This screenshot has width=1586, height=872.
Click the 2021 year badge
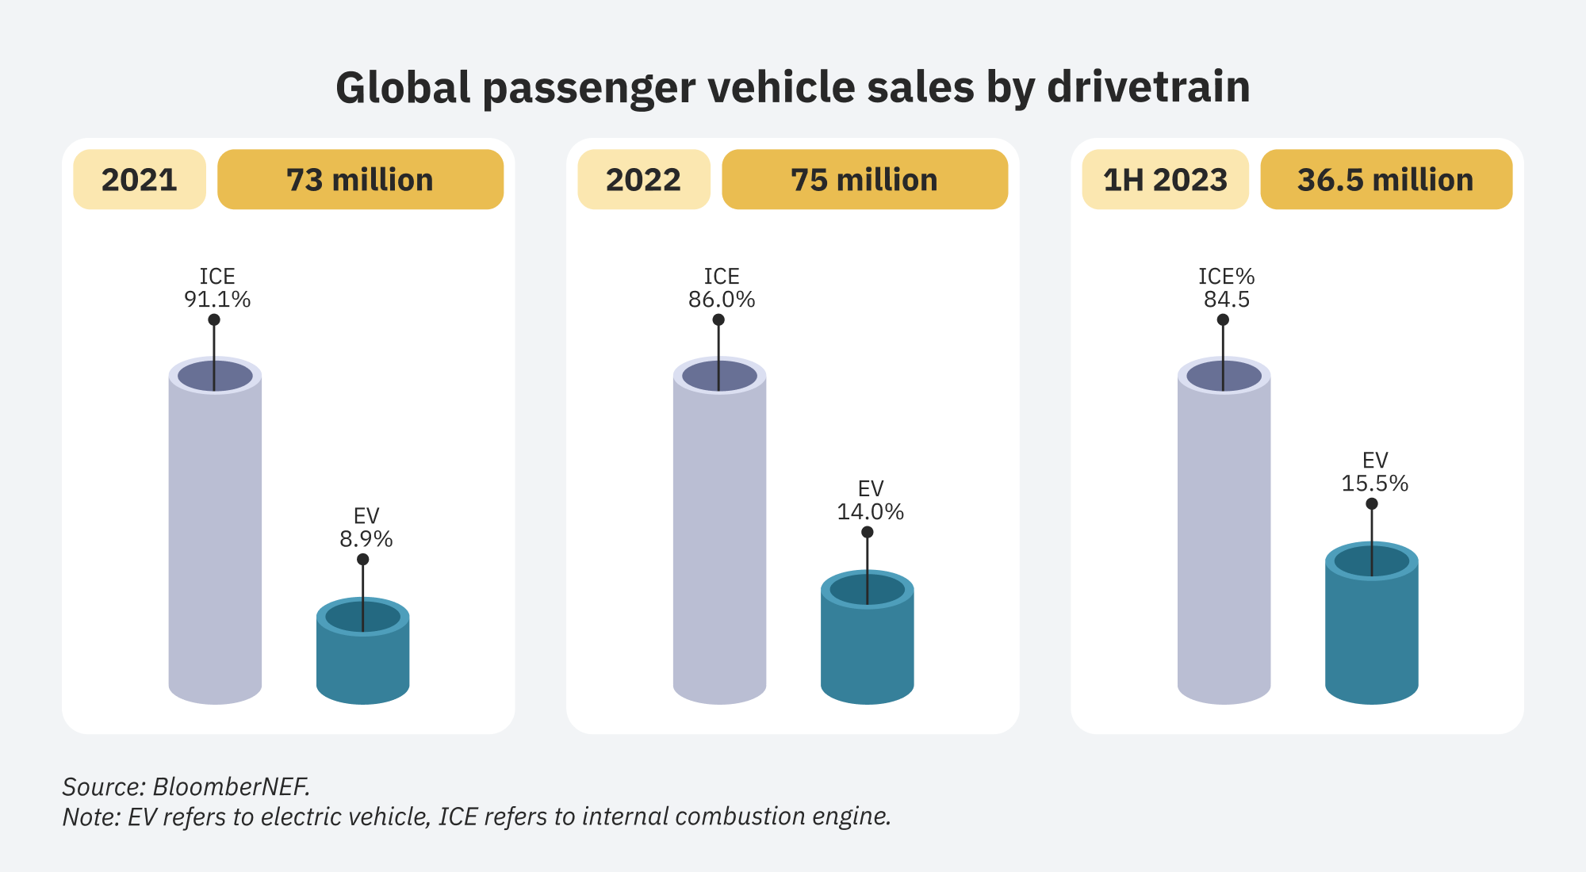point(140,180)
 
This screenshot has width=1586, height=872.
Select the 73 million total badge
point(360,180)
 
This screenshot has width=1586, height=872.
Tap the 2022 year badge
point(643,180)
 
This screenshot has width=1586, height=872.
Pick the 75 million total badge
point(864,180)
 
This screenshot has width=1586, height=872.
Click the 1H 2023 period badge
point(1165,180)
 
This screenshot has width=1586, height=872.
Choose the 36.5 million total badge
point(1385,180)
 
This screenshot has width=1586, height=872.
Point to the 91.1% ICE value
point(217,300)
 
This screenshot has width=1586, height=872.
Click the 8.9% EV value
point(366,539)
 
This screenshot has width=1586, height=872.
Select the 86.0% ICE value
point(722,300)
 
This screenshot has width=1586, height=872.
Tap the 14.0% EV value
point(870,512)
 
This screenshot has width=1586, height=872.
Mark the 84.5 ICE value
point(1226,300)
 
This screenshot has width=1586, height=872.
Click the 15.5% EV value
point(1374,484)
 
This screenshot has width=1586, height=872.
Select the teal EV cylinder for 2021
point(362,662)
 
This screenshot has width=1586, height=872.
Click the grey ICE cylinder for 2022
point(719,539)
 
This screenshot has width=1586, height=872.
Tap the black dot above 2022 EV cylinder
point(867,532)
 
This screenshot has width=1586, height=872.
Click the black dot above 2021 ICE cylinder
point(214,320)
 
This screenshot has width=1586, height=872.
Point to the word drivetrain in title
point(1147,87)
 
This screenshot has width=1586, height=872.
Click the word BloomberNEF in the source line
point(231,786)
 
